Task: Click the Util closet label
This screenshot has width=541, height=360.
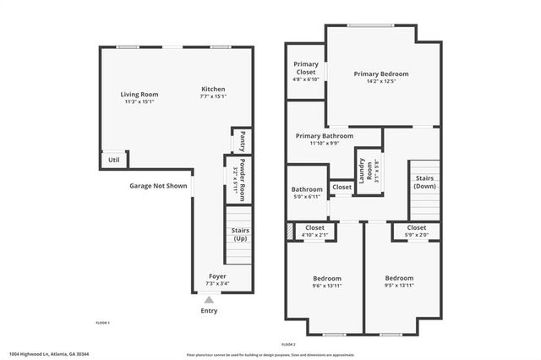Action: [x=113, y=159]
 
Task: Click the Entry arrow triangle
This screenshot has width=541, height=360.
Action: [x=209, y=298]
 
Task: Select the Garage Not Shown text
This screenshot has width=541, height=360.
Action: [x=158, y=186]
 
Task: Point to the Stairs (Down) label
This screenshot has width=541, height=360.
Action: [x=424, y=182]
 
